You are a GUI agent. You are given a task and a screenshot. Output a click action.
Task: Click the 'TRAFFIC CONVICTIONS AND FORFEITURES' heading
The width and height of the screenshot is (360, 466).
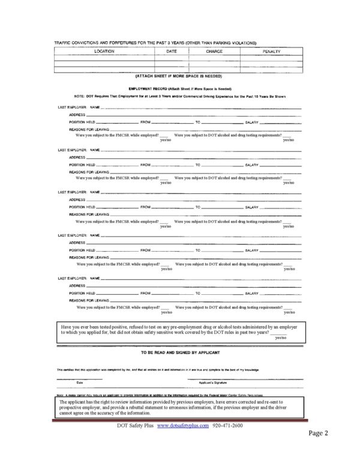tap(156, 43)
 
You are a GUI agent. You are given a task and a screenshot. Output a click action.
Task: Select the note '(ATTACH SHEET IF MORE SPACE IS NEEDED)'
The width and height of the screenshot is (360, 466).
tap(179, 76)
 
